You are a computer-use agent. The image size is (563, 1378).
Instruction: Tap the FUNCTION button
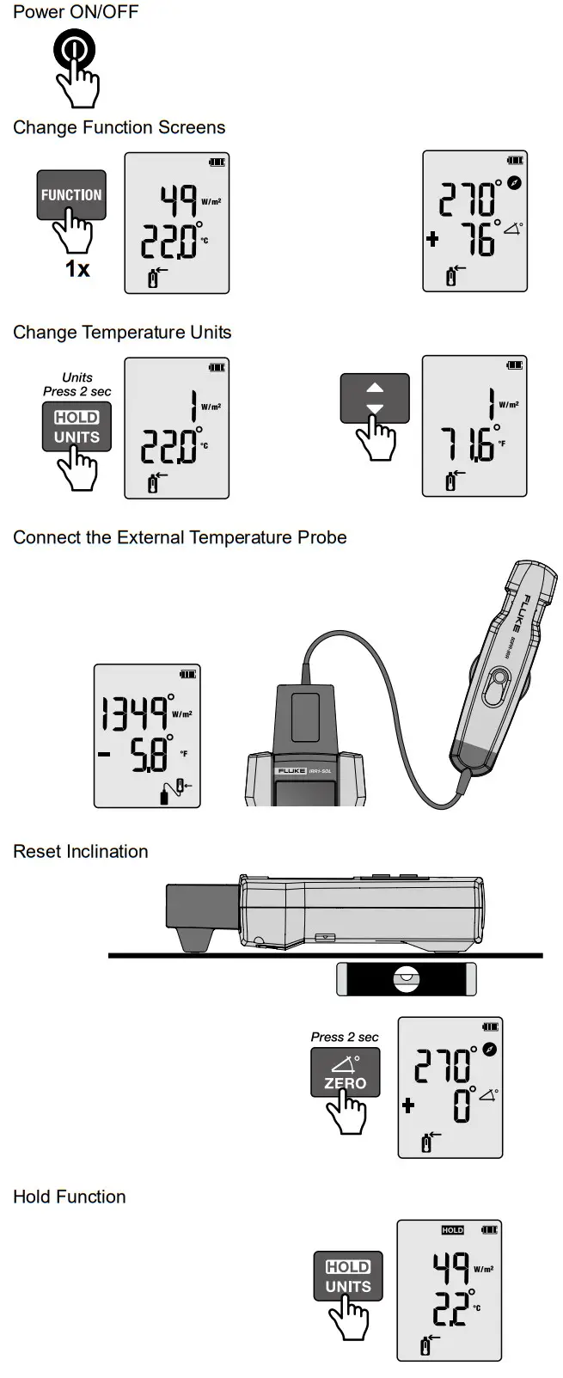71,195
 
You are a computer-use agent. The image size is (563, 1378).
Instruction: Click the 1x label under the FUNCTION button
77,269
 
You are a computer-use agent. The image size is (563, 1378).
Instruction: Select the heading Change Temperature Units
122,333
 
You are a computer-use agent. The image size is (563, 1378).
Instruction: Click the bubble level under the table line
406,978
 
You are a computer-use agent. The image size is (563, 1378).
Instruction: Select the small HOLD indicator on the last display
452,1230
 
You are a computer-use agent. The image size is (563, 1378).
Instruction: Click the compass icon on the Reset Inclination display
490,1050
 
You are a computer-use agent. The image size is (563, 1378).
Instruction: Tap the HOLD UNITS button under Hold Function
347,1277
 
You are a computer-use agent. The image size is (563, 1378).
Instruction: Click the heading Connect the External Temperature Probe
180,538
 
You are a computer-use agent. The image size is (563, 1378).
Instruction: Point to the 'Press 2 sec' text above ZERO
345,1037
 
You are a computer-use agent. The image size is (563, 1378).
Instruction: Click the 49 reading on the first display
179,203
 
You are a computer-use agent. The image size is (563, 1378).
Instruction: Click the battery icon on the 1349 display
187,675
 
